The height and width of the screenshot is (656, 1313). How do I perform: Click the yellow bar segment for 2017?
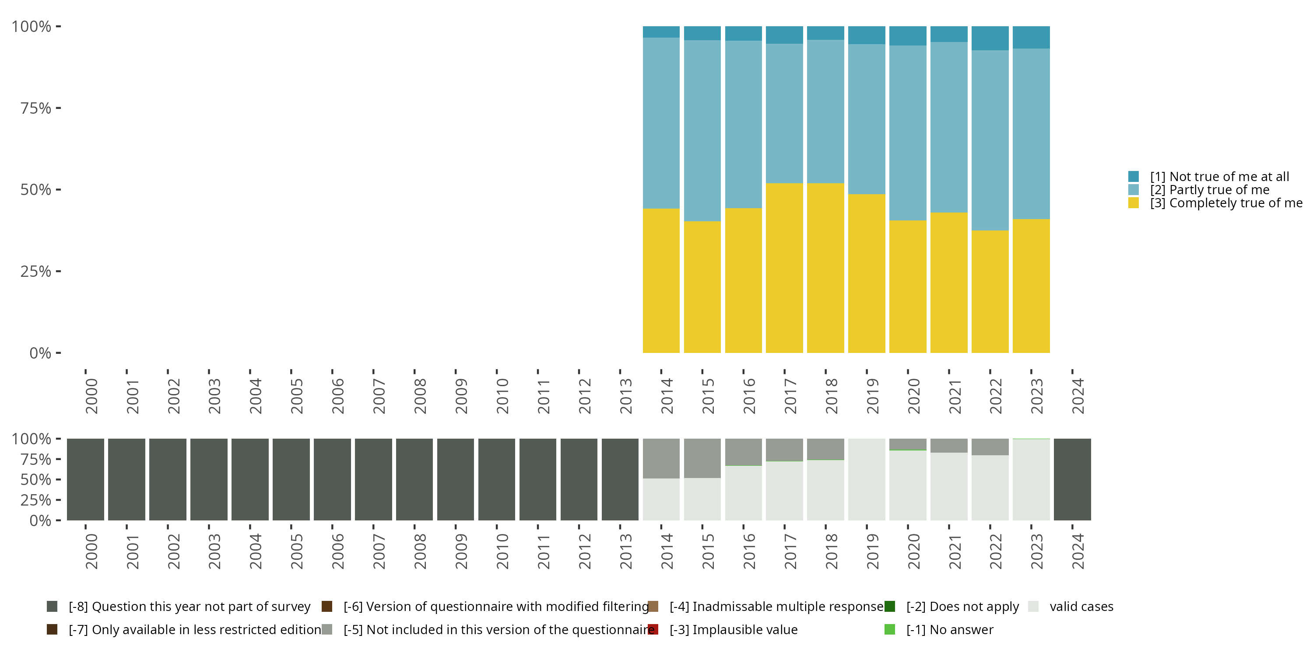(784, 267)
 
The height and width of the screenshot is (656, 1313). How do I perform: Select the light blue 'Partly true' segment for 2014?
(661, 123)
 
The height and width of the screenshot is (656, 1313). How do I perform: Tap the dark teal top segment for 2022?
(990, 38)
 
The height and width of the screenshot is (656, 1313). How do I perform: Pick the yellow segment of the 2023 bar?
(1031, 285)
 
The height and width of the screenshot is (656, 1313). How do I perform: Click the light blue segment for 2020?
(907, 133)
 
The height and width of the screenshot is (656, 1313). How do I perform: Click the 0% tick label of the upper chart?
(40, 353)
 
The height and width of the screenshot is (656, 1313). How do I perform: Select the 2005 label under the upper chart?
(297, 396)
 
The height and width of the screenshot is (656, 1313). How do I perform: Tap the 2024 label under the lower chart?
(1078, 551)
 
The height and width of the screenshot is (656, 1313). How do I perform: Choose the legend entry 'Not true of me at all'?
(1219, 177)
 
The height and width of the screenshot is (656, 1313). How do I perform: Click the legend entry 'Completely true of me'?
(1225, 203)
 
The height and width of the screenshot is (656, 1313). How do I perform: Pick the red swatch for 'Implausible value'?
(653, 629)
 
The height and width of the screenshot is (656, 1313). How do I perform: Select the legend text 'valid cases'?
(1081, 607)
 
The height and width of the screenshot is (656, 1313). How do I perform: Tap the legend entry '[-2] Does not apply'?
(962, 607)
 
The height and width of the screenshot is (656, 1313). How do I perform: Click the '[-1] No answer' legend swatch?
(889, 629)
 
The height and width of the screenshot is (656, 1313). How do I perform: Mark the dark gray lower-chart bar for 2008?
(414, 479)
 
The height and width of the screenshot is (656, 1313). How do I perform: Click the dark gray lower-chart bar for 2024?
(1072, 479)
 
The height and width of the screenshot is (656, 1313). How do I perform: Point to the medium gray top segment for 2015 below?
(702, 458)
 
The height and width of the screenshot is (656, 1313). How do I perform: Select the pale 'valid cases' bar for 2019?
(867, 479)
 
